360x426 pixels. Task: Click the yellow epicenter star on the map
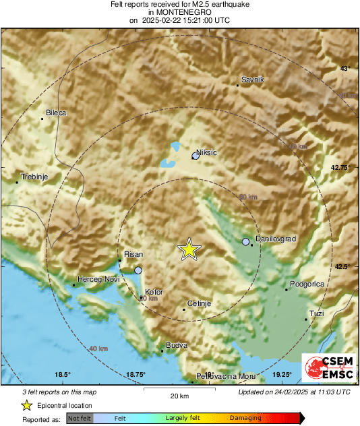(x=189, y=249)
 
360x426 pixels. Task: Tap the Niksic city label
(x=206, y=153)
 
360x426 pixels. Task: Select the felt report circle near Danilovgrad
(x=246, y=241)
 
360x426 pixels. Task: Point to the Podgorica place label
(x=307, y=284)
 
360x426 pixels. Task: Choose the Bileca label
(x=55, y=113)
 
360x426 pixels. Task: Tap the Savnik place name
(x=251, y=80)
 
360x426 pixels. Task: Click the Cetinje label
(x=200, y=304)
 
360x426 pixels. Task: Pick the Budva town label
(x=176, y=345)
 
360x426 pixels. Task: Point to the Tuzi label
(x=316, y=313)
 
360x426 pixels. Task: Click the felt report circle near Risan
(x=138, y=270)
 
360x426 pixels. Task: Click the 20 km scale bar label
(x=179, y=395)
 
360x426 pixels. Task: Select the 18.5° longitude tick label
(x=63, y=375)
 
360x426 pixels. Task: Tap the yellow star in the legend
(x=26, y=406)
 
